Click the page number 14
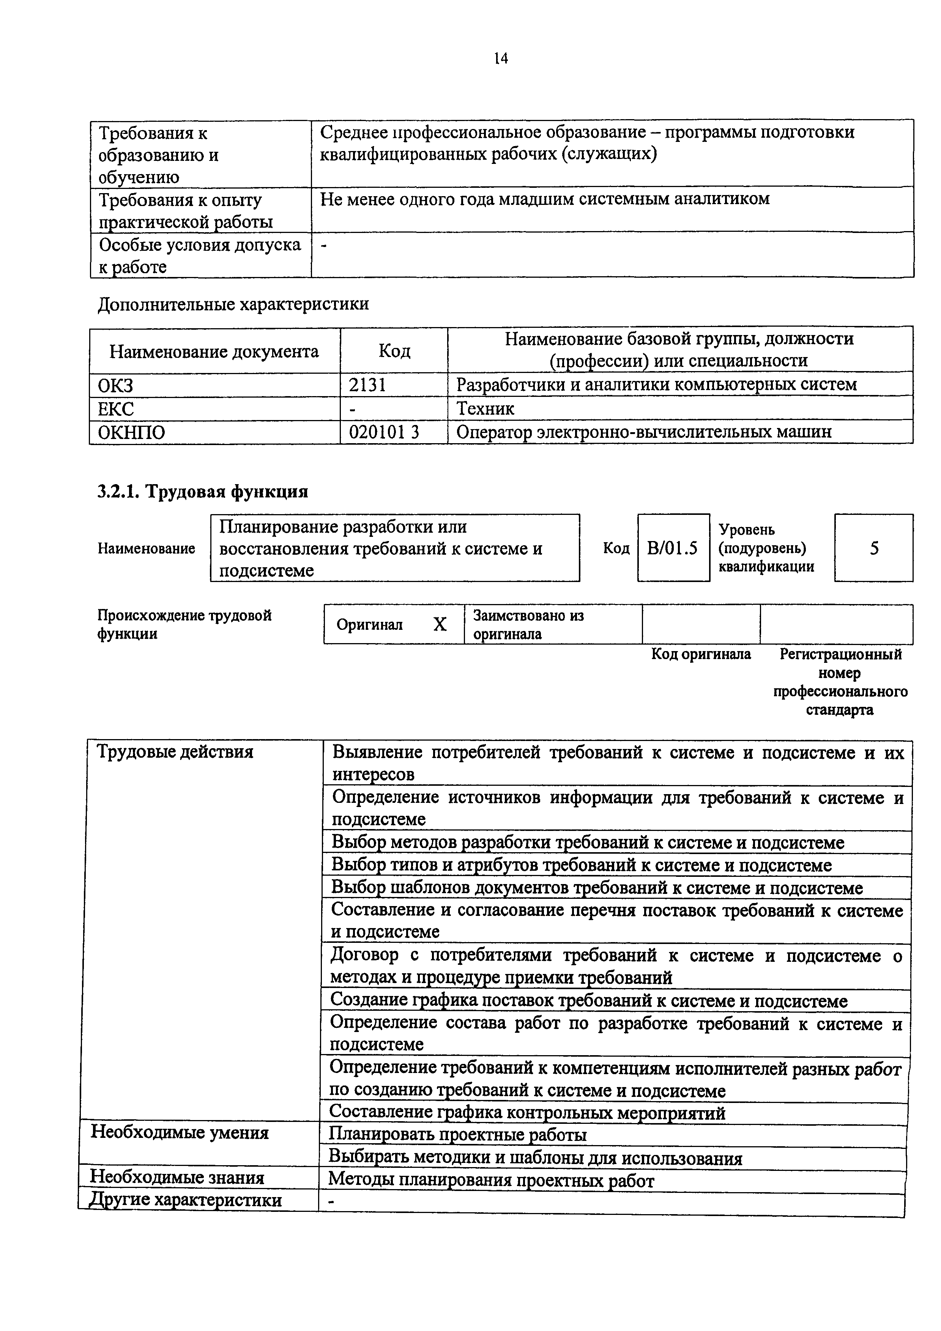[501, 58]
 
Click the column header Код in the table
[394, 350]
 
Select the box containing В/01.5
[673, 548]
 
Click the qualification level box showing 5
[874, 548]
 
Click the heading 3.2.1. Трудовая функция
[202, 492]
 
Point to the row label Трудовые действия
[175, 752]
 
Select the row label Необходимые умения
[180, 1133]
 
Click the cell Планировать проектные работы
[457, 1134]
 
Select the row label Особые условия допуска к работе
[200, 256]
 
